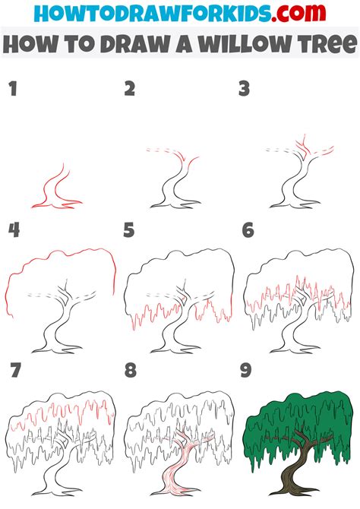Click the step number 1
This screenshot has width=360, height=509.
(12, 90)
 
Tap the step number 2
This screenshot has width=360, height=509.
(130, 90)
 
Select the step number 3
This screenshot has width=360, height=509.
(244, 90)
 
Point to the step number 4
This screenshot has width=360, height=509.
(13, 229)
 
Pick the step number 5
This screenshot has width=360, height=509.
(130, 229)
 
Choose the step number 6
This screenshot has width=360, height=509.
(247, 229)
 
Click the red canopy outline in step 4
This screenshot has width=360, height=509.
(61, 254)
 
